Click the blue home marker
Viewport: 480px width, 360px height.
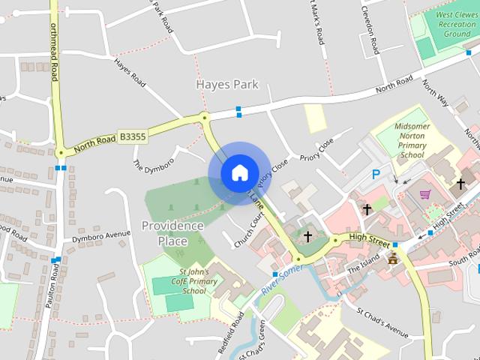(239, 172)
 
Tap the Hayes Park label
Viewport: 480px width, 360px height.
(226, 84)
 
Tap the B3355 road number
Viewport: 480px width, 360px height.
(133, 136)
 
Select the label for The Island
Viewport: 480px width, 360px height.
(364, 268)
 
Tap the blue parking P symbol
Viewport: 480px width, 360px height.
(376, 175)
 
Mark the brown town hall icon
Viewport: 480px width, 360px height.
(392, 259)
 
